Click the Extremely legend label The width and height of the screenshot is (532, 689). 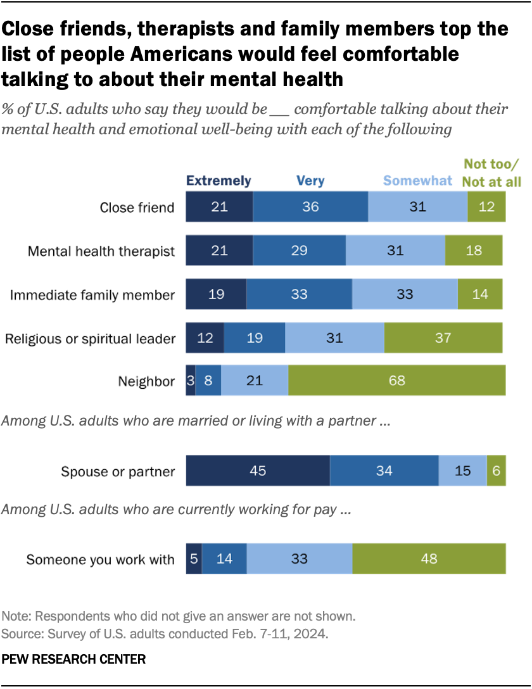click(218, 181)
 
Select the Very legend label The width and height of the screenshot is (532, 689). click(310, 181)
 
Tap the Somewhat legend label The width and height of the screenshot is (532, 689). click(418, 181)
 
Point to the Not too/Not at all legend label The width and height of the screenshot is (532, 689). click(492, 174)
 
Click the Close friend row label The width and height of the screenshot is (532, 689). click(137, 208)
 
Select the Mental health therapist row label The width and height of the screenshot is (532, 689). click(101, 251)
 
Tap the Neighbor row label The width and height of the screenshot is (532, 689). click(146, 382)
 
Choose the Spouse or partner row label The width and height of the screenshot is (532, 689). click(117, 471)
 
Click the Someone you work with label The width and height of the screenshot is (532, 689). click(100, 559)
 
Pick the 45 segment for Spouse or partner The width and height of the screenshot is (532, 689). click(257, 471)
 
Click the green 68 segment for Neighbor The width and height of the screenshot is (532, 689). click(397, 382)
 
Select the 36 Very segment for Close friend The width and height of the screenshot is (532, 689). click(310, 208)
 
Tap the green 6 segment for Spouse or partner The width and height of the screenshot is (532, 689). click(496, 471)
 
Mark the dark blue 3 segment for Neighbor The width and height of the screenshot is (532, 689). click(190, 382)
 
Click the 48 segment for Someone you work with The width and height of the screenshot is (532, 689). click(429, 559)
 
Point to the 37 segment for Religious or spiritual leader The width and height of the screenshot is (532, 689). click(443, 338)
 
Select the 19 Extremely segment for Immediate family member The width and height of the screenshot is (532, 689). click(216, 294)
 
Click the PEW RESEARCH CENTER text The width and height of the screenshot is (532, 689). click(73, 659)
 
